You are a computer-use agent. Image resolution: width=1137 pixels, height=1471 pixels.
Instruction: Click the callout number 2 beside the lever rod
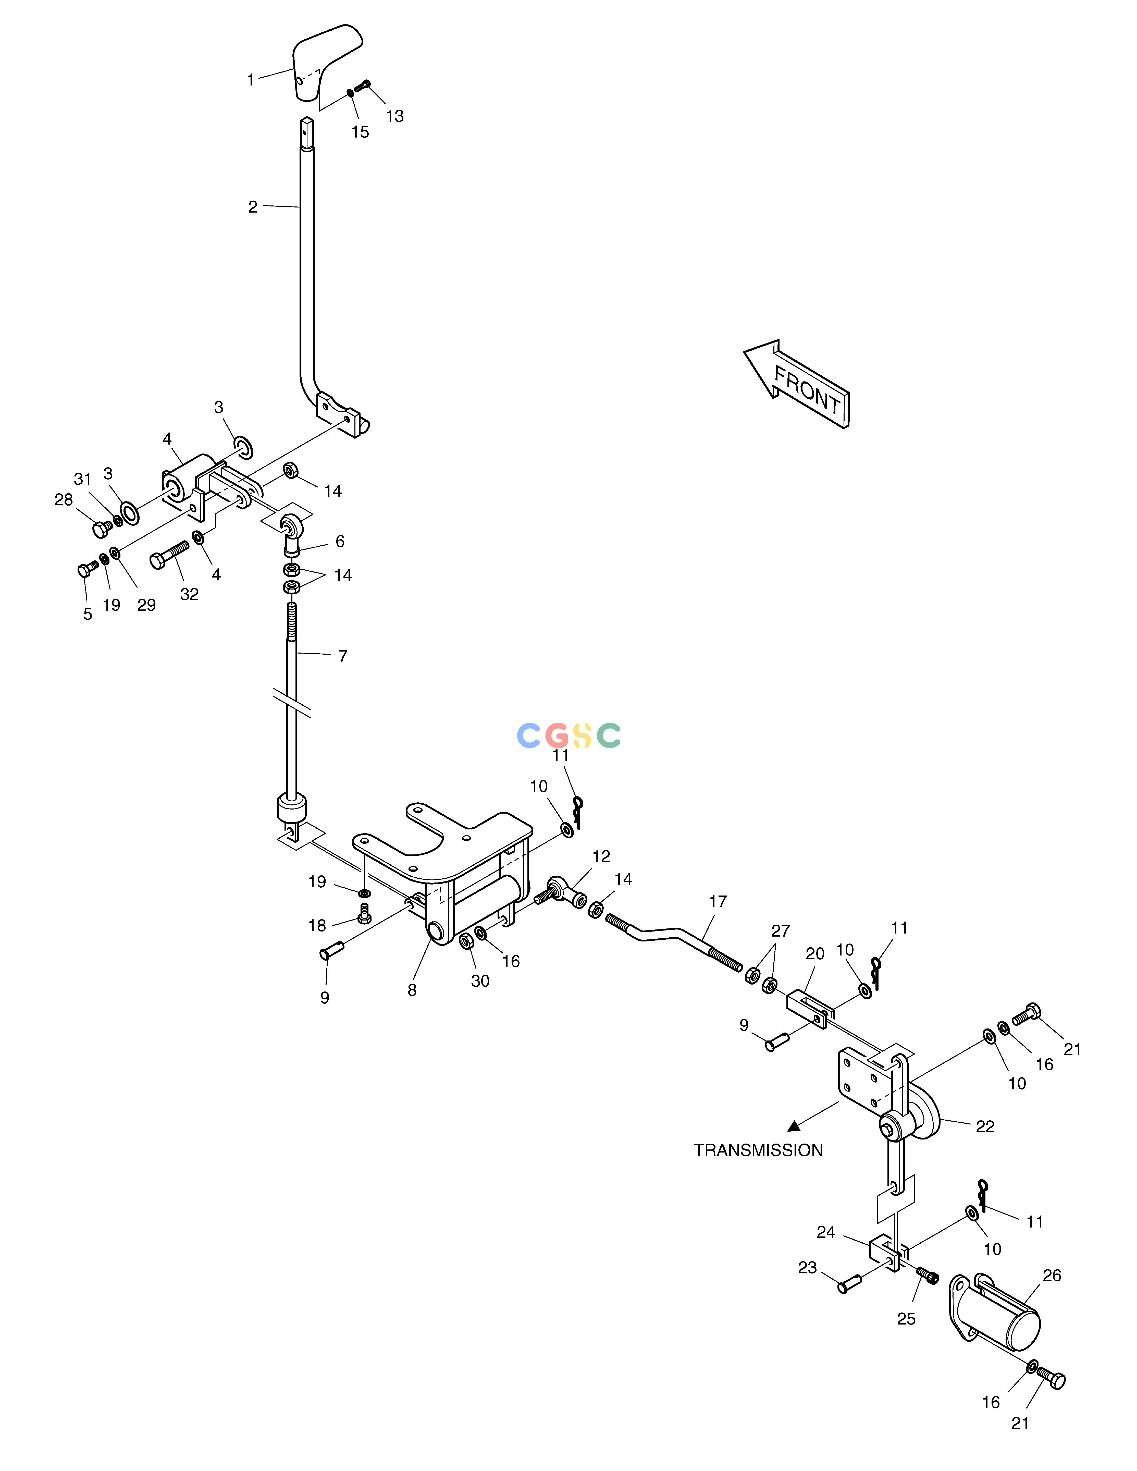point(253,207)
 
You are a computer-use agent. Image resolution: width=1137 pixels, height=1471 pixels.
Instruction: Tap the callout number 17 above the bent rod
point(718,901)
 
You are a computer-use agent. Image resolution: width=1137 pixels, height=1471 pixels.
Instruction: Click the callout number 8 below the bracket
point(412,990)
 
